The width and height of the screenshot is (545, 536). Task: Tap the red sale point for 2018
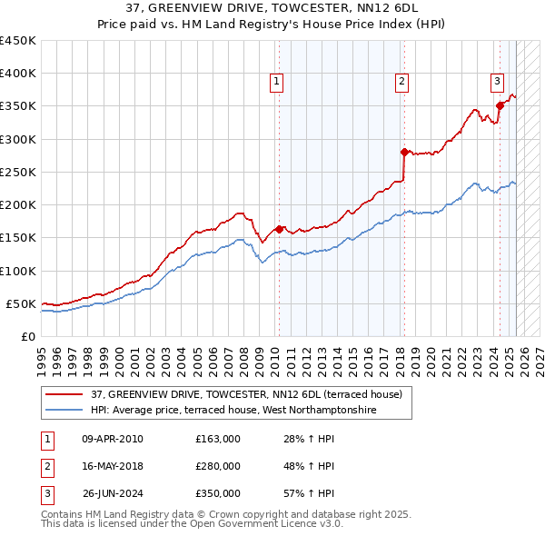[403, 152]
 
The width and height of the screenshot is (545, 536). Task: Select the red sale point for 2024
[500, 106]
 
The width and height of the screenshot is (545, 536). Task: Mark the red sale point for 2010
[280, 229]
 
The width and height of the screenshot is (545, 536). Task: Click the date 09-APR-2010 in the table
[113, 439]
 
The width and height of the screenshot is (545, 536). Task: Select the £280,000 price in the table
[218, 466]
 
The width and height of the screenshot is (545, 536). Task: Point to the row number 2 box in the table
[46, 466]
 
